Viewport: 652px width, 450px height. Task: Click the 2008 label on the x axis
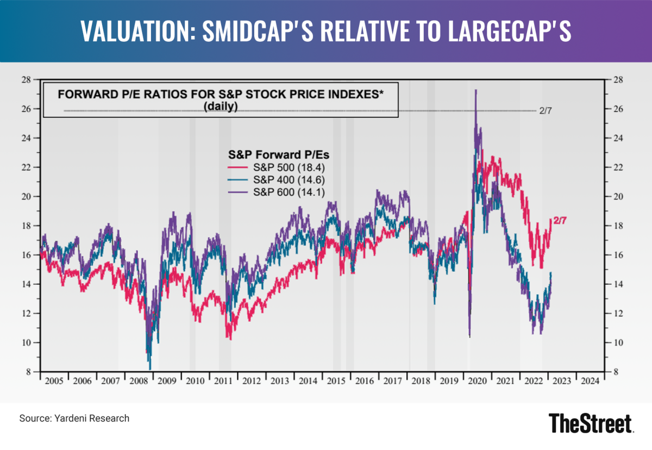pyautogui.click(x=139, y=381)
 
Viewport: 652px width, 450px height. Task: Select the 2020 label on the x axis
pyautogui.click(x=477, y=381)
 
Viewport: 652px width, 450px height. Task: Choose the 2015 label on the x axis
pyautogui.click(x=336, y=381)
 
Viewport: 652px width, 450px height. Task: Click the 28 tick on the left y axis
pyautogui.click(x=26, y=80)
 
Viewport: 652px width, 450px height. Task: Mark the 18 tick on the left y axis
pyautogui.click(x=26, y=226)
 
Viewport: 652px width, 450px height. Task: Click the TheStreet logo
pyautogui.click(x=591, y=423)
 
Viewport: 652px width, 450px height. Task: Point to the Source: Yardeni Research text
pyautogui.click(x=74, y=418)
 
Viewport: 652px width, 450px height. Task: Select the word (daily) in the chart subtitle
pyautogui.click(x=221, y=107)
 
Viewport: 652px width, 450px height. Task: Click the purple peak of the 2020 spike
pyautogui.click(x=476, y=91)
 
